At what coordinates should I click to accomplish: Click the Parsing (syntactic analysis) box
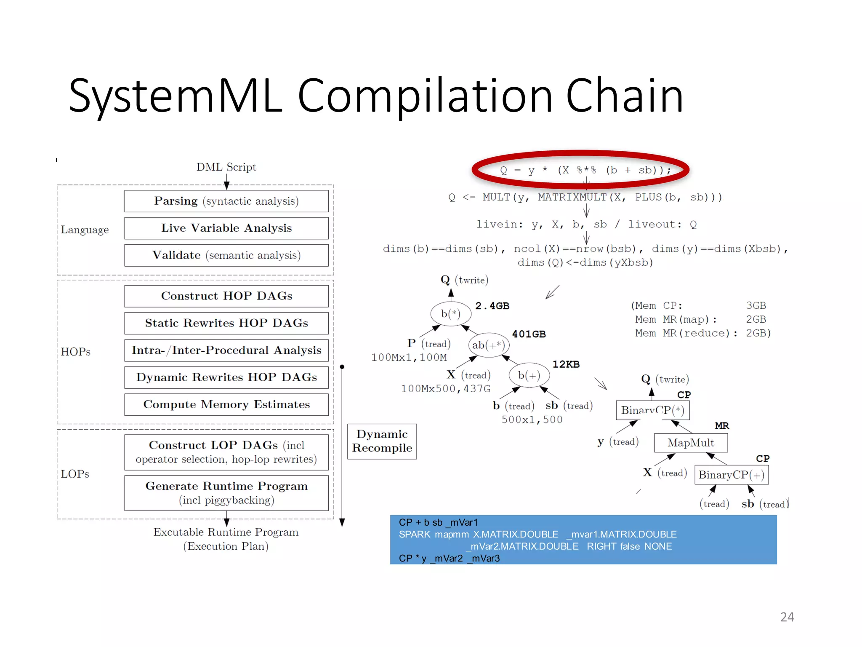[x=226, y=201]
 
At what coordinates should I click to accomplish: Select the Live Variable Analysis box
[x=226, y=228]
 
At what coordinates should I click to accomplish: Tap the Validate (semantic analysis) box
[x=226, y=255]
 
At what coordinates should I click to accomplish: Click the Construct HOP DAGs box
[x=226, y=296]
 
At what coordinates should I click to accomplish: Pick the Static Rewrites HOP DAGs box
[x=226, y=323]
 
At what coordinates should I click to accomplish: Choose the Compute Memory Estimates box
[x=226, y=404]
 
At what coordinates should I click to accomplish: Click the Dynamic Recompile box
[x=382, y=441]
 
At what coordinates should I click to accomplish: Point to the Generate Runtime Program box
[x=226, y=493]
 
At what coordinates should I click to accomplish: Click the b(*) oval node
[x=450, y=313]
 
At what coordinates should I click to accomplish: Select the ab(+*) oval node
[x=488, y=345]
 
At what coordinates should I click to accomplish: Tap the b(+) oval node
[x=529, y=375]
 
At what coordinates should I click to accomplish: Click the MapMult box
[x=690, y=443]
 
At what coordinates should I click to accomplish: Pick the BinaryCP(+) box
[x=731, y=475]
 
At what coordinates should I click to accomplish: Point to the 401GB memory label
[x=529, y=334]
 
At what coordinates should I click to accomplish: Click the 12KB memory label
[x=566, y=364]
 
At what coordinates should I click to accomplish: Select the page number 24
[x=787, y=617]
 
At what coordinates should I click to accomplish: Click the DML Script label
[x=226, y=167]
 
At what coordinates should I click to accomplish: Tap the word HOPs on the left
[x=75, y=352]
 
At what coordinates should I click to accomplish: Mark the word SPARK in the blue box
[x=414, y=534]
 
